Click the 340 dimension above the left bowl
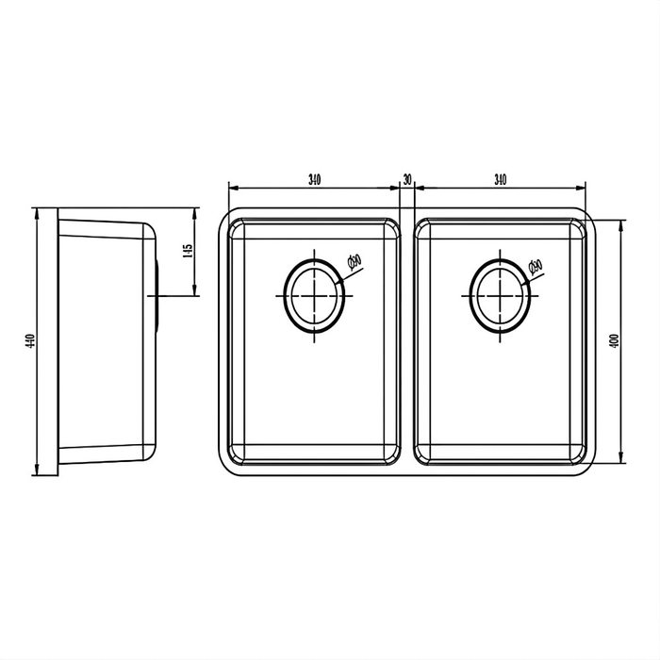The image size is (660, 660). pyautogui.click(x=315, y=178)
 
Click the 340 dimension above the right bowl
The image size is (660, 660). pyautogui.click(x=500, y=178)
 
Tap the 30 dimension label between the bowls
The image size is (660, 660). pyautogui.click(x=407, y=178)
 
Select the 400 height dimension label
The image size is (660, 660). pyautogui.click(x=614, y=342)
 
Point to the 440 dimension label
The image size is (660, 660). pyautogui.click(x=30, y=342)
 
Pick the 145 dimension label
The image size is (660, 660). pyautogui.click(x=189, y=252)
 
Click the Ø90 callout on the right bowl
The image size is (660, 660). pyautogui.click(x=536, y=267)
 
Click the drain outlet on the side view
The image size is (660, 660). pyautogui.click(x=157, y=295)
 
